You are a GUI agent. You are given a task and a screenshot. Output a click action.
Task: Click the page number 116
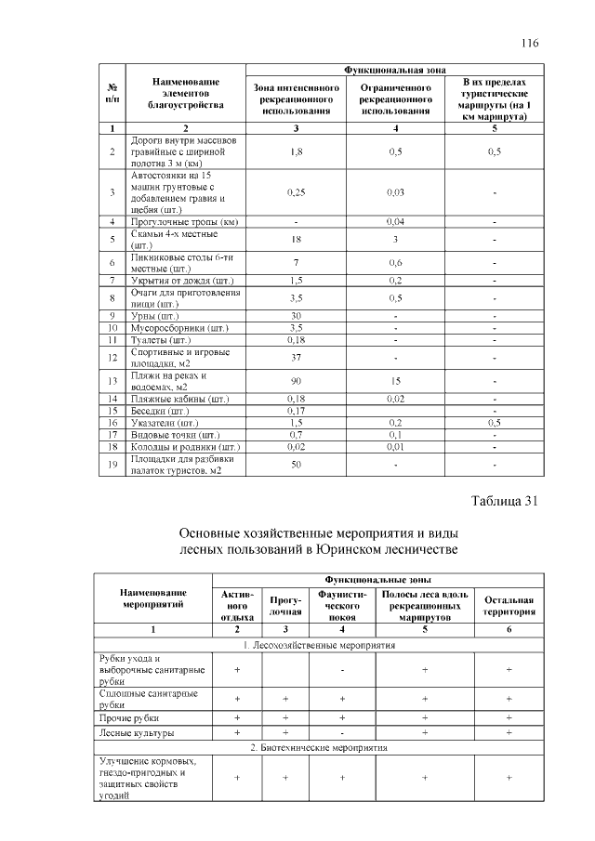530,43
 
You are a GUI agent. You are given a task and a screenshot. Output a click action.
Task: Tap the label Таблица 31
506,502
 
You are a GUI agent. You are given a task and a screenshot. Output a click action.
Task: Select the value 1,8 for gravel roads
296,151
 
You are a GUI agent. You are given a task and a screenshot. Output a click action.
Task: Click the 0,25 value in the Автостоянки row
296,192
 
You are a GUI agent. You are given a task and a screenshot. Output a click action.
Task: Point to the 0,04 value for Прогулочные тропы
396,222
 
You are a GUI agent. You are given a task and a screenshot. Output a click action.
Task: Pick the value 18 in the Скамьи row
296,239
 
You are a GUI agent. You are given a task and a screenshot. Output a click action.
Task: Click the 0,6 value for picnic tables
396,262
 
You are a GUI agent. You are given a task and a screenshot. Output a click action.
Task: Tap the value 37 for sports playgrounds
296,357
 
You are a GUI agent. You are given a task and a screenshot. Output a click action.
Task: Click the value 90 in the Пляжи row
296,380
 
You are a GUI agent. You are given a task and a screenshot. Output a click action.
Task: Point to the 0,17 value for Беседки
296,410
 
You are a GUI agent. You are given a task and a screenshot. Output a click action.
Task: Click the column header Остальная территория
509,606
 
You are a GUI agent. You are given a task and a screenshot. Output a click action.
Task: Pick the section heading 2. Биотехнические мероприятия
319,747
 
